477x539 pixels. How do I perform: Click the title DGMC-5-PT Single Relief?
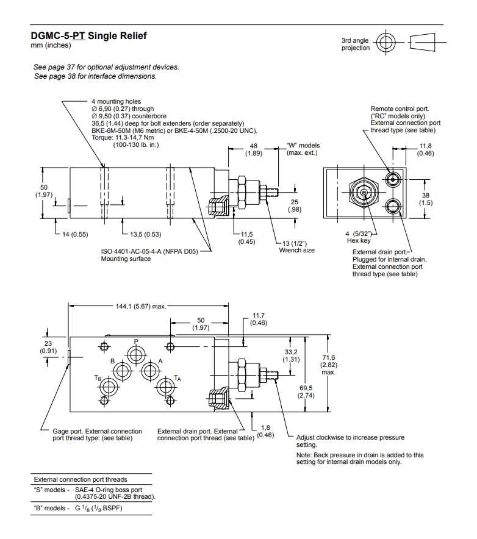89,36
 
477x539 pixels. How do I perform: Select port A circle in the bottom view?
150,370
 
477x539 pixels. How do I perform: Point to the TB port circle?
110,387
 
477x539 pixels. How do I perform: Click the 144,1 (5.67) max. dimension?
133,307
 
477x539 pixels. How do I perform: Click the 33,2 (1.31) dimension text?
291,355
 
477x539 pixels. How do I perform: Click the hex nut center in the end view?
364,193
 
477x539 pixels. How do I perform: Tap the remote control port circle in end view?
393,177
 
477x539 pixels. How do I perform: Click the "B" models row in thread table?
79,509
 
